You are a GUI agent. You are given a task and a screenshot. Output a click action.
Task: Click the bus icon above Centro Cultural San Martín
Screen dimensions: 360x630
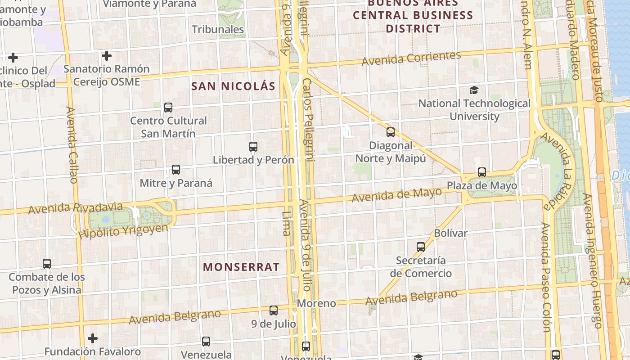(168, 108)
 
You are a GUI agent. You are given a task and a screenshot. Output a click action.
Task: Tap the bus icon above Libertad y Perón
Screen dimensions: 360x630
(253, 147)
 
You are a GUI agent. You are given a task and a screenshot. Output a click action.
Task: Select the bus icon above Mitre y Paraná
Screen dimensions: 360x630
(176, 170)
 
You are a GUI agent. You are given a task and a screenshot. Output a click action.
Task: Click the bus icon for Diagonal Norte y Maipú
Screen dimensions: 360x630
(391, 132)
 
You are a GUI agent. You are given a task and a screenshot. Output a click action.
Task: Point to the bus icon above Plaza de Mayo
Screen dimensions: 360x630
(482, 172)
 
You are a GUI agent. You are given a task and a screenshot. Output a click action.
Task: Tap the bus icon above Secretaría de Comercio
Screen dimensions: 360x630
(421, 247)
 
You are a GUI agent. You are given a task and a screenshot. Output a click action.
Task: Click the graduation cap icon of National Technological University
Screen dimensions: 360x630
(474, 90)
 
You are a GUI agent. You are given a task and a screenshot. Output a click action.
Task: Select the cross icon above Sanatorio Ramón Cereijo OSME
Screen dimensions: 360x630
(107, 56)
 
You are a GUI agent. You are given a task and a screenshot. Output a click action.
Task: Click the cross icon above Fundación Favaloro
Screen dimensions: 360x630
(93, 338)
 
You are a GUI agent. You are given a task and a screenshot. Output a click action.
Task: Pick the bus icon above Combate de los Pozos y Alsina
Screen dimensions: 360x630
(47, 264)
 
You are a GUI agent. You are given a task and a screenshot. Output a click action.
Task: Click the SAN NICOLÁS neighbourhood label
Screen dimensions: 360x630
(233, 86)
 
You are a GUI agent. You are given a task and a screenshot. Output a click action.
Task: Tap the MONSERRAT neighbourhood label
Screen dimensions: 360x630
(241, 267)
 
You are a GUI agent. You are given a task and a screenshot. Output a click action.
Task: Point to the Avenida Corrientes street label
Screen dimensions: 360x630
(411, 58)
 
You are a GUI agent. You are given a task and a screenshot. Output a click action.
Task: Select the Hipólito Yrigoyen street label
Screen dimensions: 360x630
(123, 231)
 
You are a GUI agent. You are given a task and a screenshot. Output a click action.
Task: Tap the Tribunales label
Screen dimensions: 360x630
(218, 30)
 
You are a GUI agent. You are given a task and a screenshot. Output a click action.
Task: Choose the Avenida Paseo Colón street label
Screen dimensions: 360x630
(546, 277)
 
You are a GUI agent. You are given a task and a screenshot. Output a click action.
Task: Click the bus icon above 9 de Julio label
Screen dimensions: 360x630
(274, 310)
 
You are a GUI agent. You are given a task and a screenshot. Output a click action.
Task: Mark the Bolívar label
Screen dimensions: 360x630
(450, 233)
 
